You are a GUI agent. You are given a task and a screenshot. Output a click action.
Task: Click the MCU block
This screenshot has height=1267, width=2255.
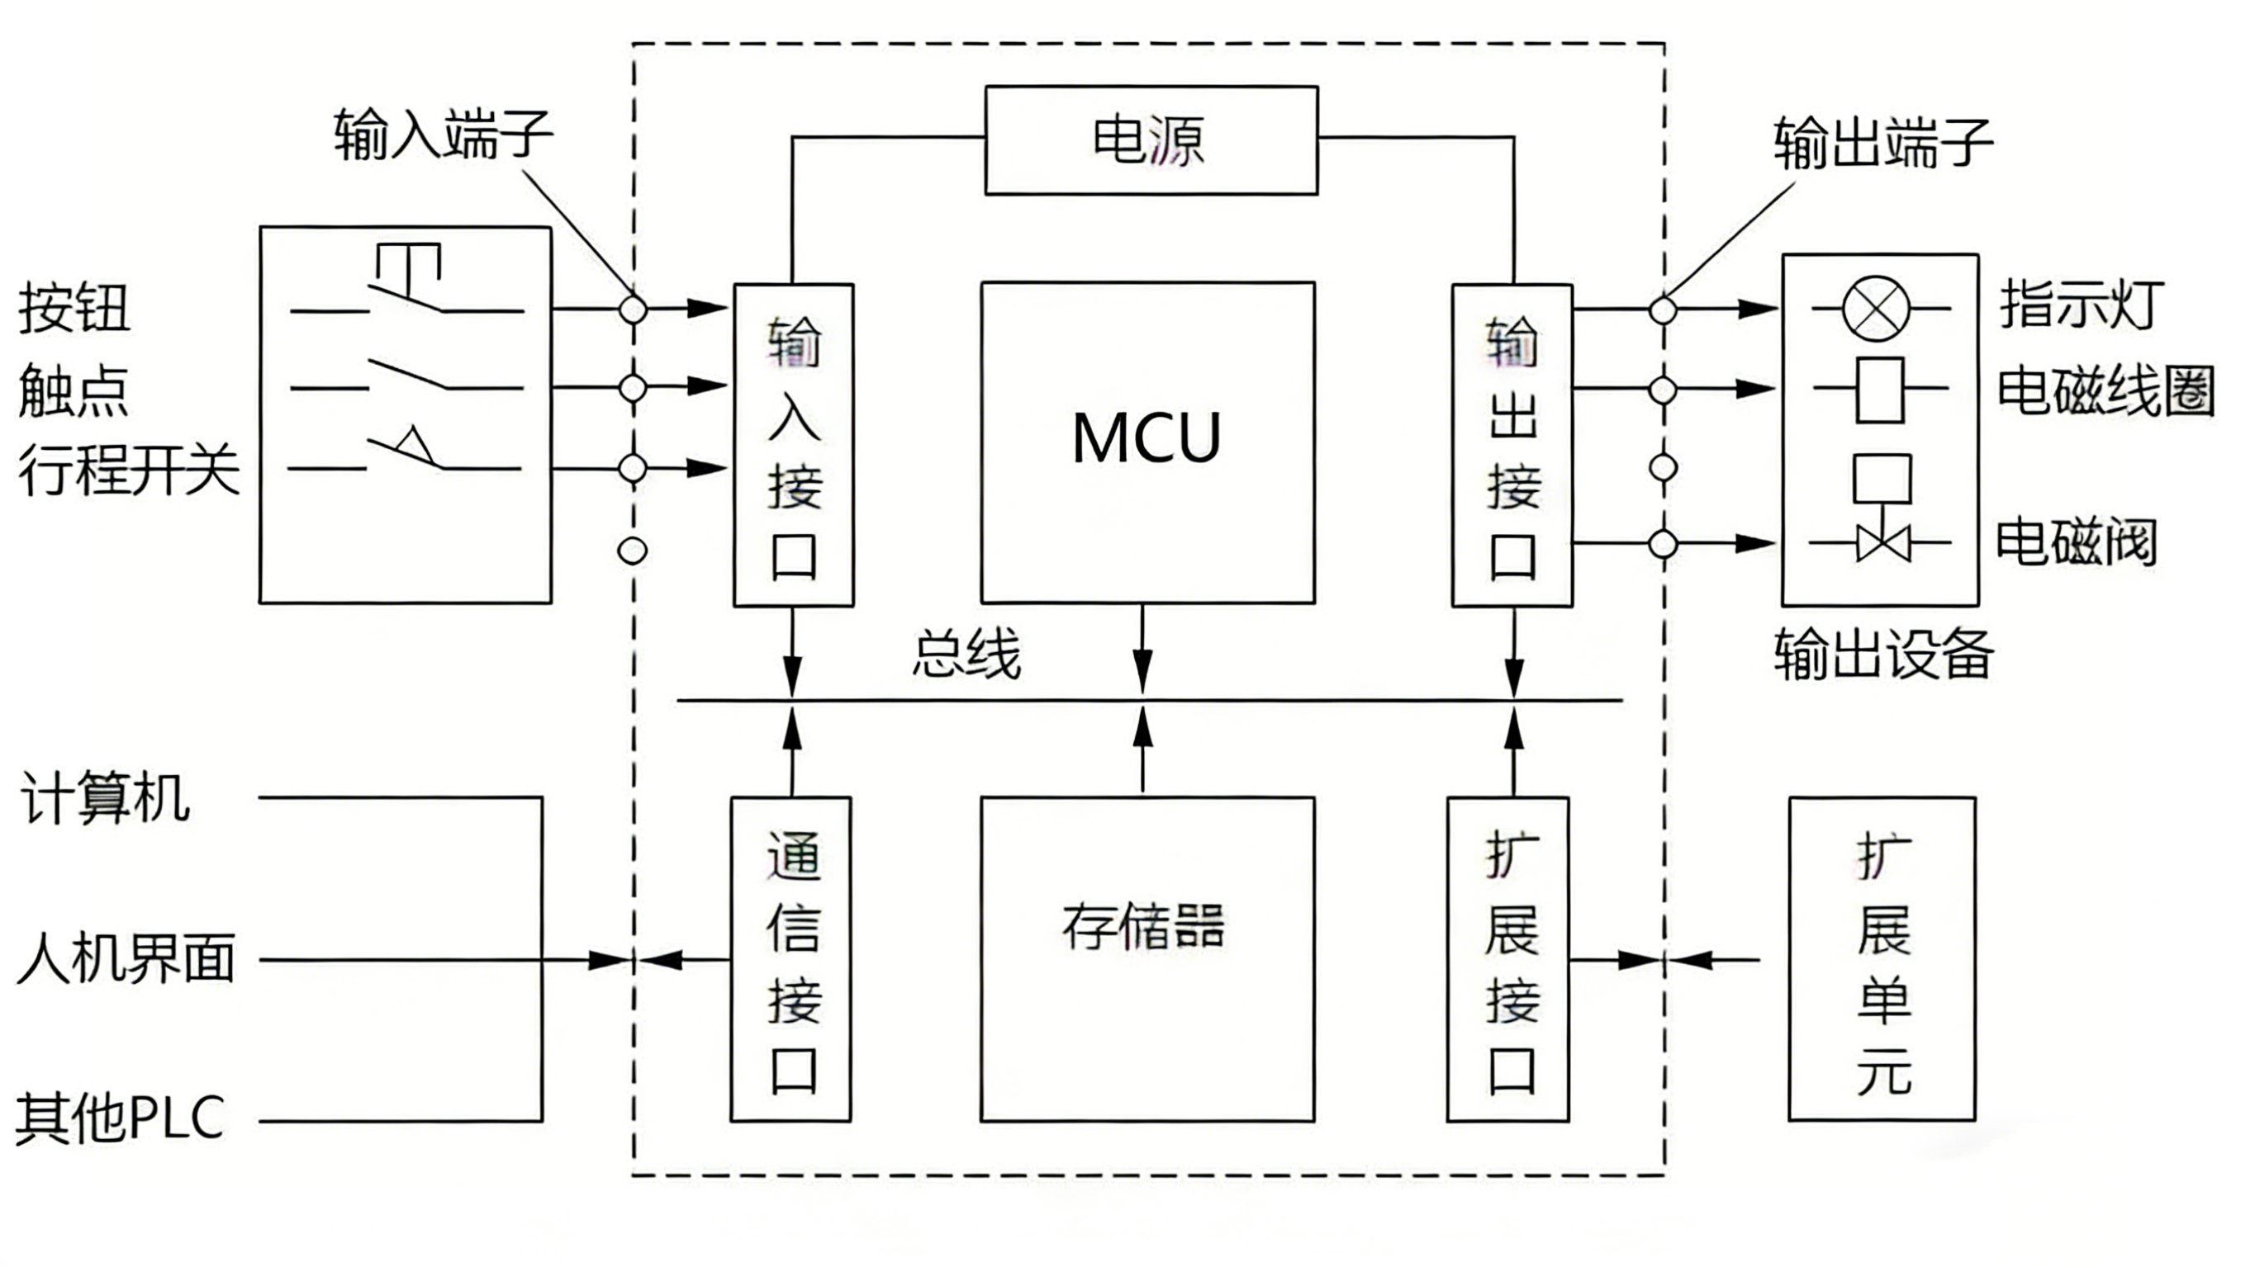pos(1146,442)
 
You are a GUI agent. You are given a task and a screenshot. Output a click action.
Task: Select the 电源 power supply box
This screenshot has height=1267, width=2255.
pos(1151,140)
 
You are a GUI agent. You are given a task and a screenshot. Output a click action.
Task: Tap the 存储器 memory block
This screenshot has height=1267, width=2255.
pos(1146,958)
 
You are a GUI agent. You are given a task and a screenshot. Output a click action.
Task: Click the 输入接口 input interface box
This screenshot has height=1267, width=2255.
pos(793,445)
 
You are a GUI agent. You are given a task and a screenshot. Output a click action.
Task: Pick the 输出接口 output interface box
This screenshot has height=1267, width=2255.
pos(1512,445)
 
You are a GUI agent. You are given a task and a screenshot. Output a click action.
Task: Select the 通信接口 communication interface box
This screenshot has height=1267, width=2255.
pos(790,958)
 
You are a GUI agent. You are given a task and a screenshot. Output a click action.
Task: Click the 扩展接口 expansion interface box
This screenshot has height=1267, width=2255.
pos(1507,958)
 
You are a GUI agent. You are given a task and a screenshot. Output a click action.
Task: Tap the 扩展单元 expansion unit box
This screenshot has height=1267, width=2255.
pos(1882,958)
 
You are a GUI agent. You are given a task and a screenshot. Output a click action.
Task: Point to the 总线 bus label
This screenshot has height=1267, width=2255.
pos(966,655)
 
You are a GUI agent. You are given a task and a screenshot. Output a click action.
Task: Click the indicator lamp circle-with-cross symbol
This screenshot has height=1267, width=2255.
pos(1875,308)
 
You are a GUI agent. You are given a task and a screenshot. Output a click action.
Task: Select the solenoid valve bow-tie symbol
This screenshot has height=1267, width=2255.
pos(1883,543)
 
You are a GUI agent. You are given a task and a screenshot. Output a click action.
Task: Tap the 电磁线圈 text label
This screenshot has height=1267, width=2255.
pos(2105,390)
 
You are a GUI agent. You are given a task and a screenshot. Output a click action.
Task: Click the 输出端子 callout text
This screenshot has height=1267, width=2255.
pos(1883,143)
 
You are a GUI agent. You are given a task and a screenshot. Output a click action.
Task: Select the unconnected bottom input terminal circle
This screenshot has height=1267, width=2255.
pos(632,551)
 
